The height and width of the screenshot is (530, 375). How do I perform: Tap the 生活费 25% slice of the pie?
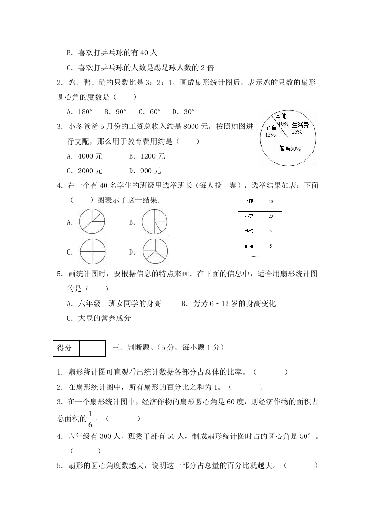click(301, 127)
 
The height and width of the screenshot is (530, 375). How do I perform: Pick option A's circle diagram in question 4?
click(92, 222)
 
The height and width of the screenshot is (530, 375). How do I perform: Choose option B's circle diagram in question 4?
click(154, 222)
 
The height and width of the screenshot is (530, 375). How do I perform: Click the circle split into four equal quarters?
click(92, 252)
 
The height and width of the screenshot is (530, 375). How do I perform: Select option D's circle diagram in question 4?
click(154, 252)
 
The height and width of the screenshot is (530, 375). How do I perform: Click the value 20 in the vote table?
click(270, 216)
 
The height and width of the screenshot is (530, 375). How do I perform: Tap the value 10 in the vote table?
click(270, 201)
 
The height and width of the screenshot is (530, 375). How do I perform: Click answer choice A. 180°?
click(80, 112)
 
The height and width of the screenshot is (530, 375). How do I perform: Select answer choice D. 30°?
click(183, 112)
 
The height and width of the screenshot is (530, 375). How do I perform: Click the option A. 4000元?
click(85, 156)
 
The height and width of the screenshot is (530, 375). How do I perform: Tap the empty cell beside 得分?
click(92, 348)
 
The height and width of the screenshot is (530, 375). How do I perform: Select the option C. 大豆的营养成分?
click(98, 318)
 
